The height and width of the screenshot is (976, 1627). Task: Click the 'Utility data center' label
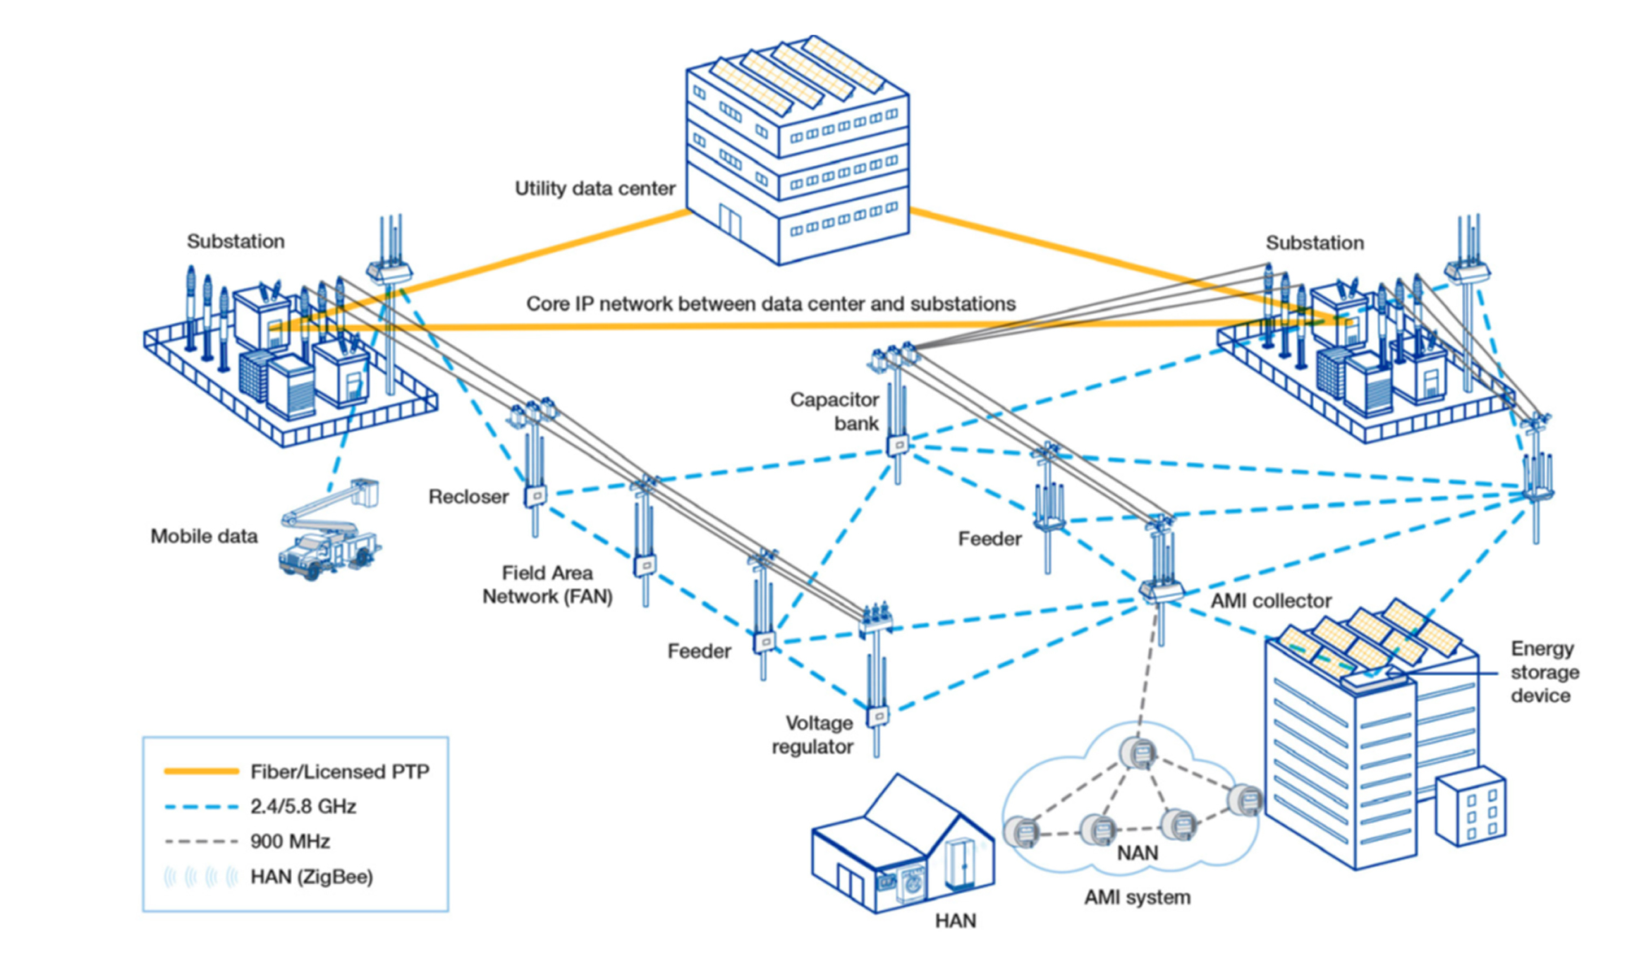pyautogui.click(x=594, y=189)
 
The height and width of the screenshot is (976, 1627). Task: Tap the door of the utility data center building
pyautogui.click(x=729, y=220)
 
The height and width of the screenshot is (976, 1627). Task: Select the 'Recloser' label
pyautogui.click(x=468, y=497)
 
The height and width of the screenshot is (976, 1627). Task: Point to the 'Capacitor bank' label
pyautogui.click(x=835, y=412)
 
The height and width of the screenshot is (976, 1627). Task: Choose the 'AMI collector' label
pyautogui.click(x=1271, y=601)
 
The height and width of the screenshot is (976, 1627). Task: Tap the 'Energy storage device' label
pyautogui.click(x=1544, y=672)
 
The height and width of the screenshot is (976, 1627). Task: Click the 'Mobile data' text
pyautogui.click(x=204, y=537)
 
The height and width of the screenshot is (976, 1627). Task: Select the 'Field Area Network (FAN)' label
pyautogui.click(x=547, y=585)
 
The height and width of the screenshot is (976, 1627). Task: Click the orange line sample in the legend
pyautogui.click(x=202, y=771)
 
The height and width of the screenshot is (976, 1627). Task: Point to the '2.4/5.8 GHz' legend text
pyautogui.click(x=303, y=807)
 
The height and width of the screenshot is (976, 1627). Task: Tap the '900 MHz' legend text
pyautogui.click(x=290, y=842)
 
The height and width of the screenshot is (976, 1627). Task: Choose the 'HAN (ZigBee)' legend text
pyautogui.click(x=311, y=877)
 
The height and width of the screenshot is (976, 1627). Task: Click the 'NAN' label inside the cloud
pyautogui.click(x=1137, y=853)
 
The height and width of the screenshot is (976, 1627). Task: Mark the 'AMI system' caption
pyautogui.click(x=1137, y=898)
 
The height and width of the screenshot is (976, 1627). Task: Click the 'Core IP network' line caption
pyautogui.click(x=770, y=304)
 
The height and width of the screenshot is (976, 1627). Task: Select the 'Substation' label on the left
pyautogui.click(x=236, y=242)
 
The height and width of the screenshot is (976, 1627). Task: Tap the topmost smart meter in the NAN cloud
pyautogui.click(x=1137, y=753)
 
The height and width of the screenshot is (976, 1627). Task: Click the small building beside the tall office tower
pyautogui.click(x=1470, y=806)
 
